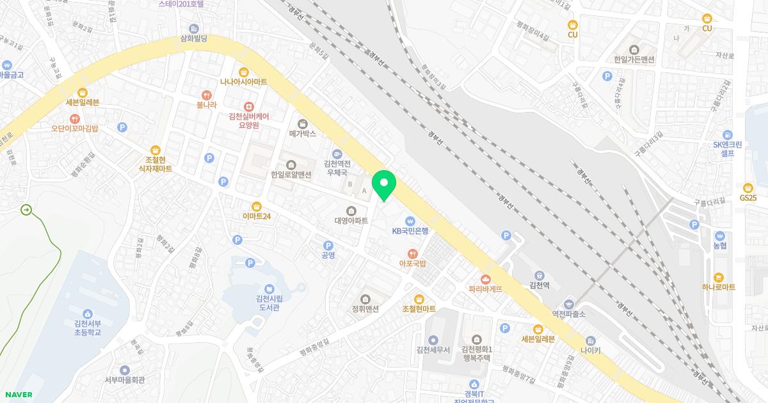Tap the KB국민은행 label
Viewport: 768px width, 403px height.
(410, 231)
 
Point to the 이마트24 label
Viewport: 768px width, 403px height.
(257, 216)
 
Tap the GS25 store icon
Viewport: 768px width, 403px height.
(748, 187)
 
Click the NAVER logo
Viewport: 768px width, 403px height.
(17, 395)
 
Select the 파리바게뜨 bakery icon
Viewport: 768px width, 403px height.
(485, 278)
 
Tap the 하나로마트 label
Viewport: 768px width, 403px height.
(718, 288)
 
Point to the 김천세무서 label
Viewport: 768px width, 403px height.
(433, 350)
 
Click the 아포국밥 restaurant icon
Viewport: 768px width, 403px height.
(413, 253)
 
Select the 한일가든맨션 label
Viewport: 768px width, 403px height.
(634, 59)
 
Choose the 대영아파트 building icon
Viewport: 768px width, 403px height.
(351, 210)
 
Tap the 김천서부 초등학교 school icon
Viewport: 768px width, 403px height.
(88, 313)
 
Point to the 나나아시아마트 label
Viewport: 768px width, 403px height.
(243, 82)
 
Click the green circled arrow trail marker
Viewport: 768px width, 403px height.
(26, 209)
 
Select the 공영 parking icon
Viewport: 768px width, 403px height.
(328, 245)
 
